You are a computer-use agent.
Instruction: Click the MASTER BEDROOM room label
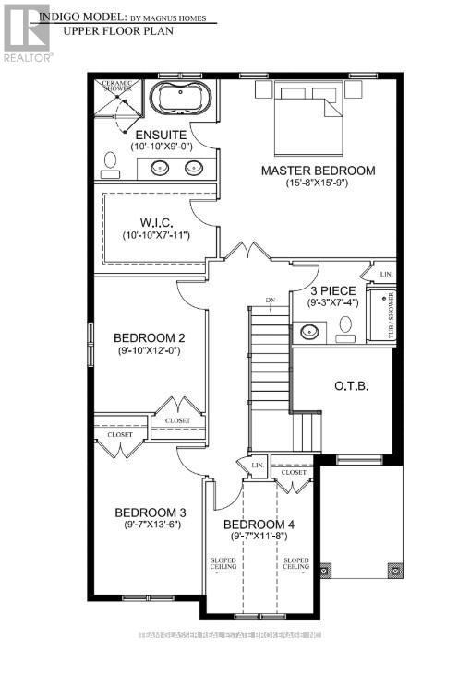coord(318,171)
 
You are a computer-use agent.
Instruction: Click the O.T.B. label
coord(352,385)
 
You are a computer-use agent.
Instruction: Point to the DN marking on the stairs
coord(270,301)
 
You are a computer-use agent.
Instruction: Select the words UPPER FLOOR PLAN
coord(113,30)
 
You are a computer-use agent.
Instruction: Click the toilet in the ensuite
coord(109,164)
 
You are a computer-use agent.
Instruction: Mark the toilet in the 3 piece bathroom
coord(345,328)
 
